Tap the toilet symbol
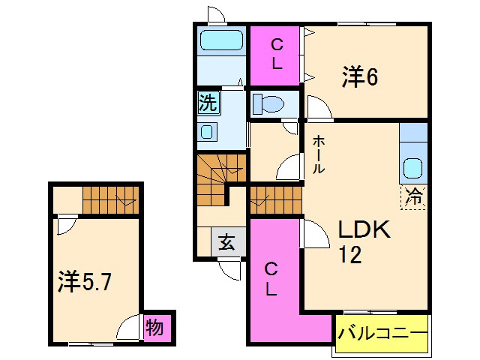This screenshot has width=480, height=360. point(267,104)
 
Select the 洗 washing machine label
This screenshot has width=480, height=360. point(208,102)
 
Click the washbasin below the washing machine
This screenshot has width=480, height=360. point(208,132)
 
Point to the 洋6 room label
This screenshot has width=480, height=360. point(359,76)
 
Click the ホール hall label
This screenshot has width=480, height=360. point(319,154)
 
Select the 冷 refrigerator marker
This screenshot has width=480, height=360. point(413,196)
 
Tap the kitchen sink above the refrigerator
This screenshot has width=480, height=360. point(413,168)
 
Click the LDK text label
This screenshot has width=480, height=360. point(363,229)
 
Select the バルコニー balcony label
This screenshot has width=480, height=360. point(382,331)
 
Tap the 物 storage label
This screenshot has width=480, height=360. point(155,327)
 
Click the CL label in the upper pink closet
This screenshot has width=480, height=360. point(277,54)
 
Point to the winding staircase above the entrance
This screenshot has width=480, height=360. point(221,177)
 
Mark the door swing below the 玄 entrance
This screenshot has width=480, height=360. point(230,268)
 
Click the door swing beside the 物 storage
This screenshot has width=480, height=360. point(132,327)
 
